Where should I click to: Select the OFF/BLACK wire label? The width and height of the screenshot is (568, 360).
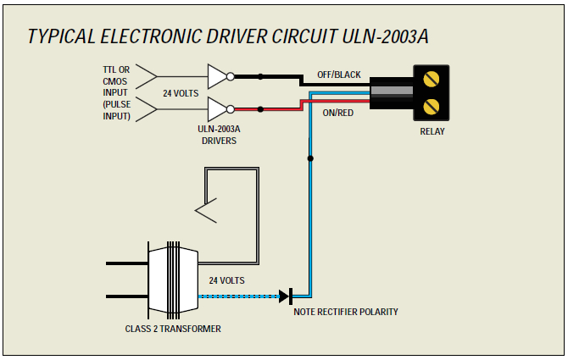coord(338,75)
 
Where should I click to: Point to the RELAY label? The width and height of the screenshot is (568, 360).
coord(432,131)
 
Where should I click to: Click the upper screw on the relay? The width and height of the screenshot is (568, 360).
coord(432,81)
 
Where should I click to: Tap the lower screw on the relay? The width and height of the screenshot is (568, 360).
coord(432,106)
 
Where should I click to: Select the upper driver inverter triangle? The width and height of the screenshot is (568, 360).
coord(217,76)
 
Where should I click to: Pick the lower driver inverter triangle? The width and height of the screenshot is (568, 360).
coord(217,109)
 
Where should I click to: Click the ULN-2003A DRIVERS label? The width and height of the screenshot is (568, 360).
coord(219,136)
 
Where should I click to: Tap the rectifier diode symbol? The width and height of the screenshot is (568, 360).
coord(285,296)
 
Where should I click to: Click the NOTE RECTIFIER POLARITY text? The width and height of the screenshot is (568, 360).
coord(346,312)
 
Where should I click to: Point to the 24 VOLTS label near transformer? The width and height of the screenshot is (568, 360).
coord(226,280)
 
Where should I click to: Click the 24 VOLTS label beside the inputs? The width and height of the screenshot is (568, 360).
coord(181,93)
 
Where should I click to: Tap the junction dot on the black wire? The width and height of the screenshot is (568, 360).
coord(260,76)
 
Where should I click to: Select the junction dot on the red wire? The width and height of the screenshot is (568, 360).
coord(260,109)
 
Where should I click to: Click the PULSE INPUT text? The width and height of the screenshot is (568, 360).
coord(116,109)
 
